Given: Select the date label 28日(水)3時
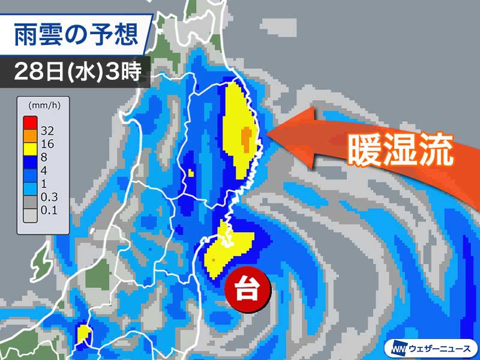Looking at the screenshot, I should point(78,73).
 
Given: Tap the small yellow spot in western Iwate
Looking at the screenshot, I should point(191,173).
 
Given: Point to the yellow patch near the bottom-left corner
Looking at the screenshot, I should point(83,335).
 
